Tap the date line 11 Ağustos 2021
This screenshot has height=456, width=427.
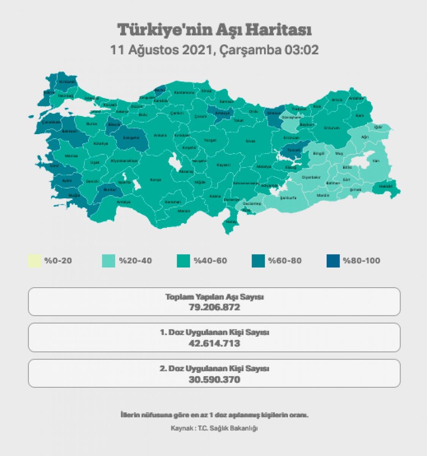click(214, 50)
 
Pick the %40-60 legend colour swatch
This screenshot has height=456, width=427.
click(184, 261)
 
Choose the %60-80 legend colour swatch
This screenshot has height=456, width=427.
click(258, 261)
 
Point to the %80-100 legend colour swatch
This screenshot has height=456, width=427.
click(333, 261)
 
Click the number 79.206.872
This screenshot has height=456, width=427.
click(214, 307)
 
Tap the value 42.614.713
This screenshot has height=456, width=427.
click(214, 343)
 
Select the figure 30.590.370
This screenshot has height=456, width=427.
click(214, 379)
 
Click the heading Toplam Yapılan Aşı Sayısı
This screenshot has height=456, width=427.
click(214, 297)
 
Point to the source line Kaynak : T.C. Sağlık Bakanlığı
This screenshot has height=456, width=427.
click(214, 428)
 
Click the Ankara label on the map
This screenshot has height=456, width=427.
click(158, 135)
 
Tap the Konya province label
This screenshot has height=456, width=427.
click(156, 180)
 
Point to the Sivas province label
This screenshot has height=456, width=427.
click(250, 141)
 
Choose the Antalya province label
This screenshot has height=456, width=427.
click(121, 202)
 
